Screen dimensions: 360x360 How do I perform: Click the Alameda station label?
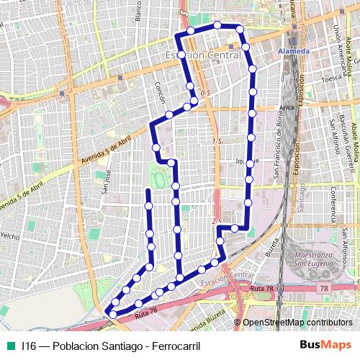coord(294,52)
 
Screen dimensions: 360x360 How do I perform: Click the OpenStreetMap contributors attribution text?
coord(297,323)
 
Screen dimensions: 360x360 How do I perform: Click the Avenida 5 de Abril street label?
coord(108,145)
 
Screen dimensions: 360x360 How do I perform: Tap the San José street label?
coord(105,182)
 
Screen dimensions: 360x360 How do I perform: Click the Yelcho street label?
coord(10,235)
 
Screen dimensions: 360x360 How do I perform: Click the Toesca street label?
coord(332,78)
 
